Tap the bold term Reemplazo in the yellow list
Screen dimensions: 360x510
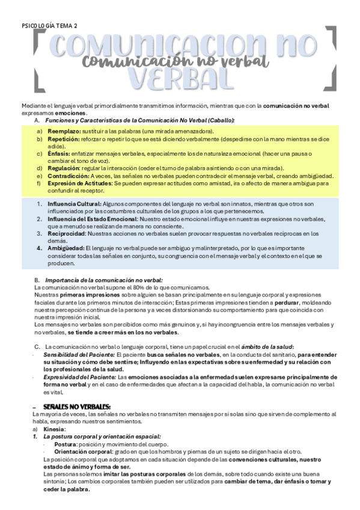(64, 131)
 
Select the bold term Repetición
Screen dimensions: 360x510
(64, 139)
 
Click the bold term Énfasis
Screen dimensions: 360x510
(59, 153)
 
